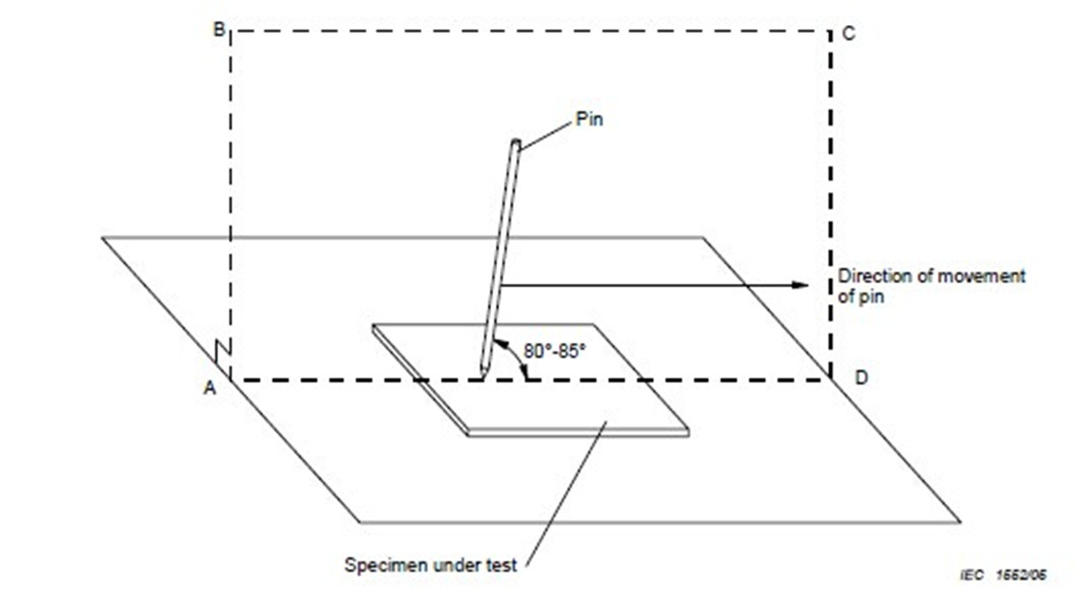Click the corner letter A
(209, 388)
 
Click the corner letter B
(218, 30)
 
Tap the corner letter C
(849, 34)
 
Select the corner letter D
(861, 378)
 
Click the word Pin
(588, 120)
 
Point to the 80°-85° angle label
(553, 351)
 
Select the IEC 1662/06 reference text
(1003, 575)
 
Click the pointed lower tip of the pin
(483, 375)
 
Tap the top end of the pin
(515, 142)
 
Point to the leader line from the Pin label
(546, 134)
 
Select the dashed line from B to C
(528, 31)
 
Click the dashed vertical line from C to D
(830, 202)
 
